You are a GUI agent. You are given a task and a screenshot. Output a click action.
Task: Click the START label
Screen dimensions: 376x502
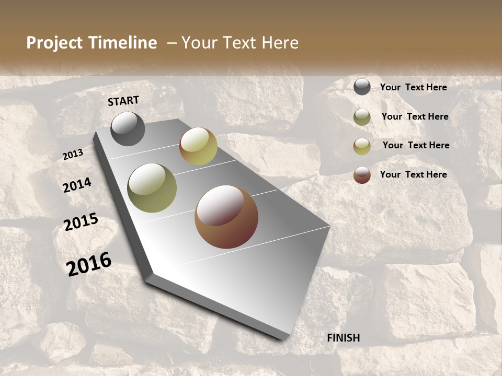coord(123,101)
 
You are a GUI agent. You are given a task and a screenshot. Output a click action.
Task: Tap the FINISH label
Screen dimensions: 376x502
coord(344,338)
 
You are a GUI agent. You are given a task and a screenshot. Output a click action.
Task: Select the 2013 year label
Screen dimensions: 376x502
coord(73,155)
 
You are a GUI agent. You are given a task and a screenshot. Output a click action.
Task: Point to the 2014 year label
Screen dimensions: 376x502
coord(77,185)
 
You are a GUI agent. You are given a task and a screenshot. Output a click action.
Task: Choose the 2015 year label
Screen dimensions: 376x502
coord(81,221)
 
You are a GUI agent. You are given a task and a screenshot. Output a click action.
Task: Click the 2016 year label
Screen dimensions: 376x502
coord(89,264)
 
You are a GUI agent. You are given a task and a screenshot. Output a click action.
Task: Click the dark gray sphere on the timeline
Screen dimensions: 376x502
coord(128,129)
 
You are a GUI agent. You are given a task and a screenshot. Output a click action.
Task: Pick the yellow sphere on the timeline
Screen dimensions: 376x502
coord(198,146)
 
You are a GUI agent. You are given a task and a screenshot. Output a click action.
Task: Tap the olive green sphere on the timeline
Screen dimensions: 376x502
coord(152,187)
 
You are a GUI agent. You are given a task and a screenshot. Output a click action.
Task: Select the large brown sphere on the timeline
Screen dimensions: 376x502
coord(226,217)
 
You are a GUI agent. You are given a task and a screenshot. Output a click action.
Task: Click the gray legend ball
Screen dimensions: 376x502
coord(362,87)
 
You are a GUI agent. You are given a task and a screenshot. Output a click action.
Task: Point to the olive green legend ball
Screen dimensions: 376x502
coord(362,117)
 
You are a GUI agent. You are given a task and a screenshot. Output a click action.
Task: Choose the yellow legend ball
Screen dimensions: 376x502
coord(362,146)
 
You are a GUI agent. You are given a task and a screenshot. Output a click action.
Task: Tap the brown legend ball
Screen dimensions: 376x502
coord(362,175)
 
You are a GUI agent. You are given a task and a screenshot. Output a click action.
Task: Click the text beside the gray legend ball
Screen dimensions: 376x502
coord(413,87)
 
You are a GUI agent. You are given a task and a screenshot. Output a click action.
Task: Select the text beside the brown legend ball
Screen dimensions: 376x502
coord(413,174)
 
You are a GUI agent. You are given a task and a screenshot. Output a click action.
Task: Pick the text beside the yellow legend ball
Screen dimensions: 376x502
coord(416,145)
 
